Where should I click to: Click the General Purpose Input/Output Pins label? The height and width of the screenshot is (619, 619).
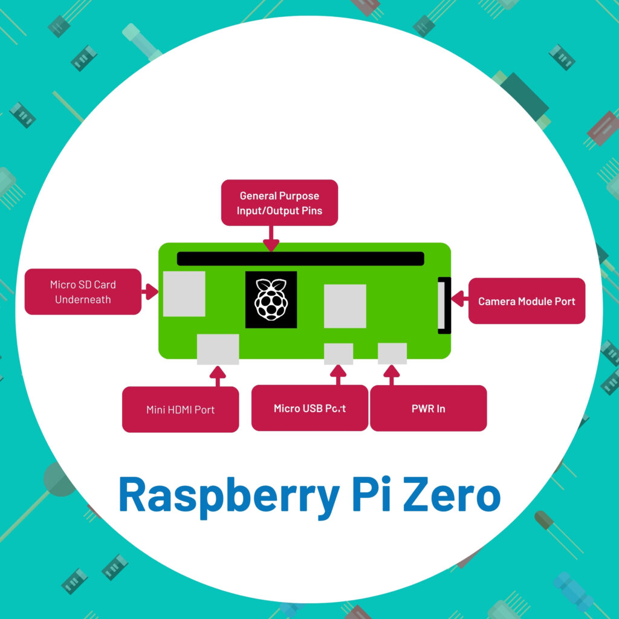click(x=279, y=203)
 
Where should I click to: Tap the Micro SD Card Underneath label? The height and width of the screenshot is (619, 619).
click(x=83, y=292)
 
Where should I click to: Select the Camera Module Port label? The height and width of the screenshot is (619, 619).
click(x=527, y=301)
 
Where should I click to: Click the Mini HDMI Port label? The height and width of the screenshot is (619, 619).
click(x=180, y=410)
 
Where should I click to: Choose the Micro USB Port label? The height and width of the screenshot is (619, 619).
click(x=309, y=408)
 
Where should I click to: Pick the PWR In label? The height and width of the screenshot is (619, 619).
click(x=428, y=408)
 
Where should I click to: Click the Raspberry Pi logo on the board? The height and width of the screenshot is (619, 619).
click(x=271, y=300)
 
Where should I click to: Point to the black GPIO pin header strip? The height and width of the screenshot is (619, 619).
click(x=300, y=259)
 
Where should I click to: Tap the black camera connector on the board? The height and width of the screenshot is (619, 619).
click(x=444, y=305)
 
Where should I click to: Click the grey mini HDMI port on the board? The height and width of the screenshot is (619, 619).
click(x=218, y=349)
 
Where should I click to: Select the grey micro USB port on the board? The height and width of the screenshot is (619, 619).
click(x=339, y=354)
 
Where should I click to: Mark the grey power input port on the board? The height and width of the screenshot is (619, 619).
click(x=392, y=353)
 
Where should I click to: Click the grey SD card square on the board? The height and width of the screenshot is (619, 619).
click(x=184, y=294)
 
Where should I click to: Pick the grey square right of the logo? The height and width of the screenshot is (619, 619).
click(x=345, y=306)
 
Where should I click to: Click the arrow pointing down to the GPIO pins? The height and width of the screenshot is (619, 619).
click(x=271, y=238)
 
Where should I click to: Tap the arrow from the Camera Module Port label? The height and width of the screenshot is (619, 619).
click(x=459, y=298)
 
